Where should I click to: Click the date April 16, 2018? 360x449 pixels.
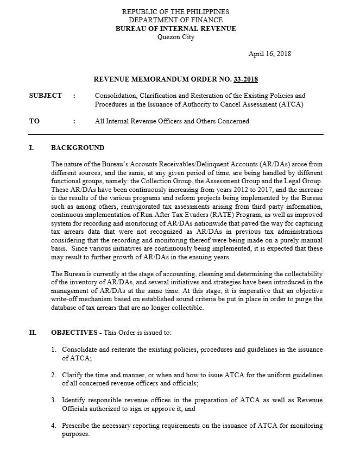269,54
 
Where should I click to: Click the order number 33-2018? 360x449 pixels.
246,80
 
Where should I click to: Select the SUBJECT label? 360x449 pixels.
45,96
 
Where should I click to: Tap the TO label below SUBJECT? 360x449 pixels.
34,121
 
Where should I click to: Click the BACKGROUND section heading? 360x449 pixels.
78,148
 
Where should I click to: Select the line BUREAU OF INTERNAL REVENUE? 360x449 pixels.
175,29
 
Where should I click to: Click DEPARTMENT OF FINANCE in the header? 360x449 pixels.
175,20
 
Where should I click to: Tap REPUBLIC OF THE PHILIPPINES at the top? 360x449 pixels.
175,11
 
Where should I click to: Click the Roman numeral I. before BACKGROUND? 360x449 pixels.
31,148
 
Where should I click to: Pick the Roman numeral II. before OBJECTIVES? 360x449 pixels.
33,333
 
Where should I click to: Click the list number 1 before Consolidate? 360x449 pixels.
54,350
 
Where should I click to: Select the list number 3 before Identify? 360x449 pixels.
54,400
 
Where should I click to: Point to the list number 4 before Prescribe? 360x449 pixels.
54,425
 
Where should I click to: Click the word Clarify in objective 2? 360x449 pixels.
73,375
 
